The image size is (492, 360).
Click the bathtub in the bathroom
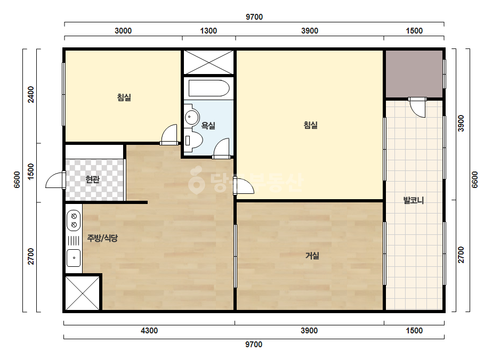point(209,88)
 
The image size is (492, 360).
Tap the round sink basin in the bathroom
point(191,117)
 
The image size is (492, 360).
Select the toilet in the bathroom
point(193,140)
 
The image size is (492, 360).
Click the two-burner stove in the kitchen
point(74,220)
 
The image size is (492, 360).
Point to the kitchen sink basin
point(74,258)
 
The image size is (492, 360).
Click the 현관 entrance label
point(93,179)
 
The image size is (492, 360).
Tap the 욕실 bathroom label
point(208,126)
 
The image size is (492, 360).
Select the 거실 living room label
point(312,256)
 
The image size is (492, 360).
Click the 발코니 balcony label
point(414,200)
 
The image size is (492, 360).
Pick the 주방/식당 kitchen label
point(102,238)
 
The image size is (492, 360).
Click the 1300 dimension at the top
point(208,31)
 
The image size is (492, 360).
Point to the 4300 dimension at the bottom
point(149,331)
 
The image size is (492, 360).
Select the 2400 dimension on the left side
point(30,94)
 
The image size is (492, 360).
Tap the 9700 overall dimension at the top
point(254,17)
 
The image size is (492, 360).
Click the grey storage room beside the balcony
point(414,74)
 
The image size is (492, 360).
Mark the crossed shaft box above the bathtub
point(208,62)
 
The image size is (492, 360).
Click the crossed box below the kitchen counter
point(83,293)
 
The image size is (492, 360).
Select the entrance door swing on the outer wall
point(55,180)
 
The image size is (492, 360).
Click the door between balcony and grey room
point(417,107)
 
